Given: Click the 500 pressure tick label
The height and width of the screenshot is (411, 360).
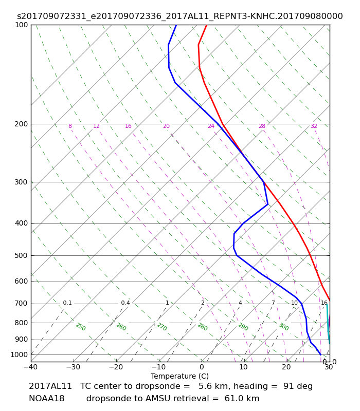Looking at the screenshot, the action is click(x=21, y=255).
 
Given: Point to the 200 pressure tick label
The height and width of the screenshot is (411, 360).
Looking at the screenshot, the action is click(x=21, y=124).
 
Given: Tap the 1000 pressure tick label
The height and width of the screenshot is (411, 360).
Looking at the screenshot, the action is click(x=19, y=354).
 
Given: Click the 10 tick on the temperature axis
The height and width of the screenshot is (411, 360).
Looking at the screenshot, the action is click(x=243, y=367).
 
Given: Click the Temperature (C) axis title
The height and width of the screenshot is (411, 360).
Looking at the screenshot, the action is click(x=179, y=376).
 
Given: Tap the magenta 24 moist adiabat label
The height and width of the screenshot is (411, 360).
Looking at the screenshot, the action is click(x=211, y=126).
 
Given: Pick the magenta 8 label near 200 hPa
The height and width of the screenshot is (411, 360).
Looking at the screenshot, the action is click(x=70, y=126).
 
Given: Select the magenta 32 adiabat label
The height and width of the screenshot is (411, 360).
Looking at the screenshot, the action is click(x=314, y=126).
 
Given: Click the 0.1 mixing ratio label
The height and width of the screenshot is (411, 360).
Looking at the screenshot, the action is click(x=67, y=303).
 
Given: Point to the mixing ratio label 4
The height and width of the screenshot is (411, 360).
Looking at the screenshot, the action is click(x=240, y=303).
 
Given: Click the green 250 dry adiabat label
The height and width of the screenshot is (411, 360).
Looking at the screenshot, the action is click(x=81, y=327).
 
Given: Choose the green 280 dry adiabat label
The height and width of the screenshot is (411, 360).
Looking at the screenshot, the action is click(x=203, y=327).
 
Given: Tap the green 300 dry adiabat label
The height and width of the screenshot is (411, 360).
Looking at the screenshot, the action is click(x=284, y=327).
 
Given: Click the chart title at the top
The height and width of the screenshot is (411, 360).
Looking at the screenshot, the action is click(x=179, y=16).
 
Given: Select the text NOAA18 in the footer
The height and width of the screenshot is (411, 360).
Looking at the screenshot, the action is click(x=47, y=399).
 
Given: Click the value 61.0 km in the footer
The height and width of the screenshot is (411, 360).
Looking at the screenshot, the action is click(x=242, y=399).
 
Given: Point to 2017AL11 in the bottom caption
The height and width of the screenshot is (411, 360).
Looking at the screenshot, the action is click(x=50, y=386).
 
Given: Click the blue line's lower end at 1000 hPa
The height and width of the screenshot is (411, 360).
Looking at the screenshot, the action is click(x=320, y=354).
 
